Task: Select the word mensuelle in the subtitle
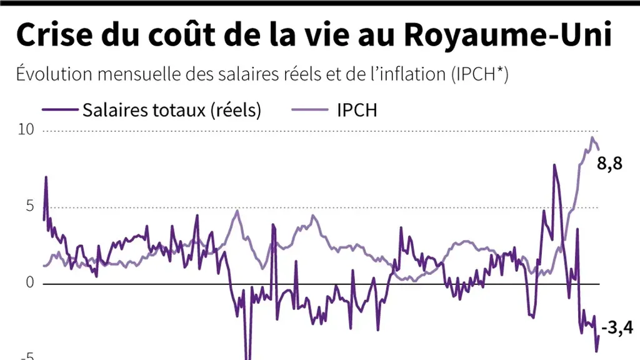pyautogui.click(x=131, y=74)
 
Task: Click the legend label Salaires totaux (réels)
pyautogui.click(x=171, y=110)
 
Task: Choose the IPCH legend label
pyautogui.click(x=357, y=110)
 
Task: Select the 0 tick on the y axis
pyautogui.click(x=29, y=282)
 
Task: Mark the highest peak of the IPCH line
pyautogui.click(x=592, y=137)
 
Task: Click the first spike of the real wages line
pyautogui.click(x=46, y=177)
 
